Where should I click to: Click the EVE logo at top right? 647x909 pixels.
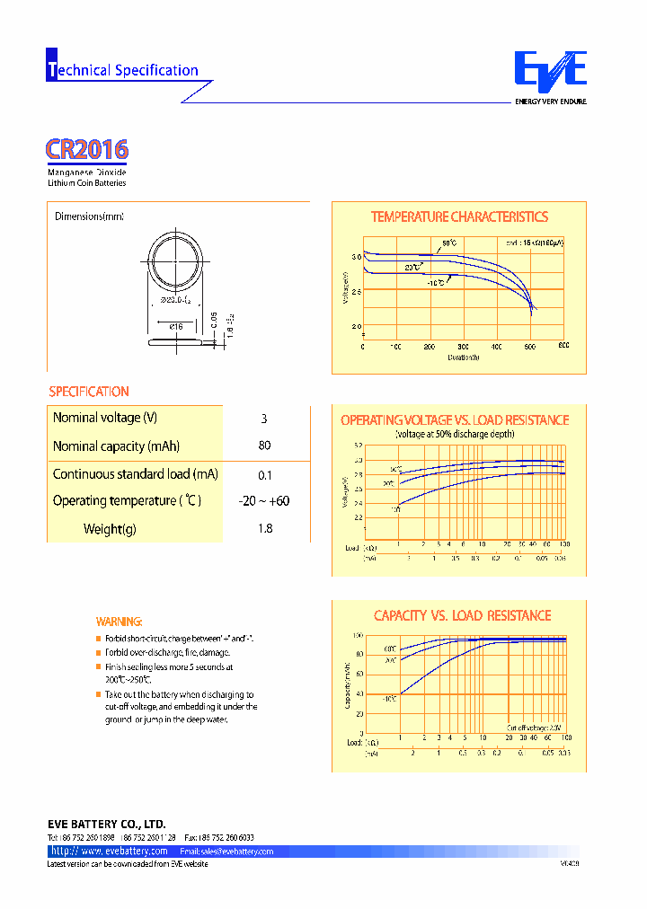pyautogui.click(x=550, y=72)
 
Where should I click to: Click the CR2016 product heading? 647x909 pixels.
pyautogui.click(x=87, y=149)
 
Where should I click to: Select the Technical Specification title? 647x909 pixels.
pyautogui.click(x=123, y=70)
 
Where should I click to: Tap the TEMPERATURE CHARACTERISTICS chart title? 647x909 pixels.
pyautogui.click(x=459, y=216)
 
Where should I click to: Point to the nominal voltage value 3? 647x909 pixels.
pyautogui.click(x=264, y=419)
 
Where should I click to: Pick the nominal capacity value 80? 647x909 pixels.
pyautogui.click(x=264, y=446)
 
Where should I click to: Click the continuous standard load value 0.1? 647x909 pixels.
pyautogui.click(x=264, y=475)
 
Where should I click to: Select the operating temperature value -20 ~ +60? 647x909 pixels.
pyautogui.click(x=264, y=501)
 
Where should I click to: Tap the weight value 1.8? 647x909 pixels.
pyautogui.click(x=264, y=529)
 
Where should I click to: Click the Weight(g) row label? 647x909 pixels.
pyautogui.click(x=110, y=529)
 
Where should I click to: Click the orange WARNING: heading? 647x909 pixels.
pyautogui.click(x=119, y=622)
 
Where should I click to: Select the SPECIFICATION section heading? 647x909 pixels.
pyautogui.click(x=89, y=392)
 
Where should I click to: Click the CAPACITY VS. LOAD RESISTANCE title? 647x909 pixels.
pyautogui.click(x=462, y=615)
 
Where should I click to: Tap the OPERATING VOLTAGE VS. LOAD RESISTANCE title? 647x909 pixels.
pyautogui.click(x=455, y=420)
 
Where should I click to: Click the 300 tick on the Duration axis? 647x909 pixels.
pyautogui.click(x=463, y=346)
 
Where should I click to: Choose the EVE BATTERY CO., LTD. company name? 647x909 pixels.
pyautogui.click(x=106, y=824)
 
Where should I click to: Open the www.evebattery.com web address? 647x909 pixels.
pyautogui.click(x=110, y=851)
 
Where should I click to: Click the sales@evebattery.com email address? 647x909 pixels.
pyautogui.click(x=226, y=851)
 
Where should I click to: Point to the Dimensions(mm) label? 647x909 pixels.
pyautogui.click(x=89, y=216)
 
